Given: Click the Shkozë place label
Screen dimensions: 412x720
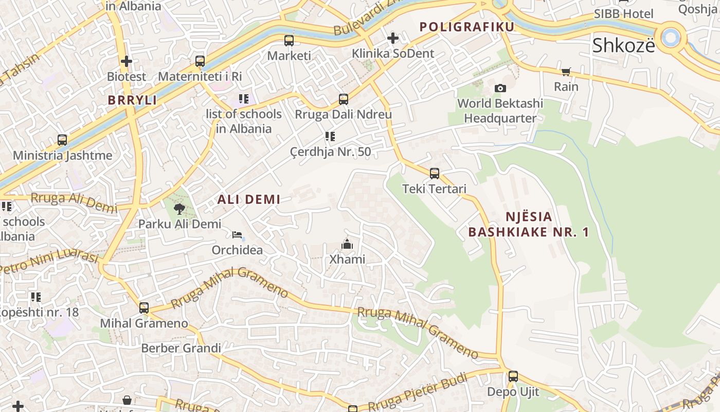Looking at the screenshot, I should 623,45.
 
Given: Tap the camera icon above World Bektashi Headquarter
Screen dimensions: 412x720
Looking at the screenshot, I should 500,88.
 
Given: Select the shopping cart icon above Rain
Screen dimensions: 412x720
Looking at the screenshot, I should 566,72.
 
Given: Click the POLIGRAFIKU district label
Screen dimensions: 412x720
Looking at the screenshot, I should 466,27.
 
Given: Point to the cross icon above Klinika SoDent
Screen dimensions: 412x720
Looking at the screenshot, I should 392,38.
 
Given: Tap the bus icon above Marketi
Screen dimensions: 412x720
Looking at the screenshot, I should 289,40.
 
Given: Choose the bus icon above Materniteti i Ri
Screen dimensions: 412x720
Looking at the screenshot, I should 200,61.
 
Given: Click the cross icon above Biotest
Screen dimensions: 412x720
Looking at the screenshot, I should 127,61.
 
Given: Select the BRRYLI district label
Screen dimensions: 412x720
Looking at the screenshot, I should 132,100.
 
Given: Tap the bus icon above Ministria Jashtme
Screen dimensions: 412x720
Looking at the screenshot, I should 62,140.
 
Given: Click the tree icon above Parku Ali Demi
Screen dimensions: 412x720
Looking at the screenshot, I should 179,209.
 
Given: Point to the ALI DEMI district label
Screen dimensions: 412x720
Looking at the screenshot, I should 249,199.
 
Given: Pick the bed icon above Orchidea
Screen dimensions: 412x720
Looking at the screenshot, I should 237,235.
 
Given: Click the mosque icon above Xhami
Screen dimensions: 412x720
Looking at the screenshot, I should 347,244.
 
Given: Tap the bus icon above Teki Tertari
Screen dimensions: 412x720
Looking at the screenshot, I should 435,174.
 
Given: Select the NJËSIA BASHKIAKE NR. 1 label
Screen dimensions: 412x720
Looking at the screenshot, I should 529,224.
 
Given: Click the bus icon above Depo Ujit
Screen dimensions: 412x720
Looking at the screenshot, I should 513,376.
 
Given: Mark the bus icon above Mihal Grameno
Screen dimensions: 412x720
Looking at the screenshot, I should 144,308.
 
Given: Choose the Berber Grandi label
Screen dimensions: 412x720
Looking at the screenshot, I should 181,348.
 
